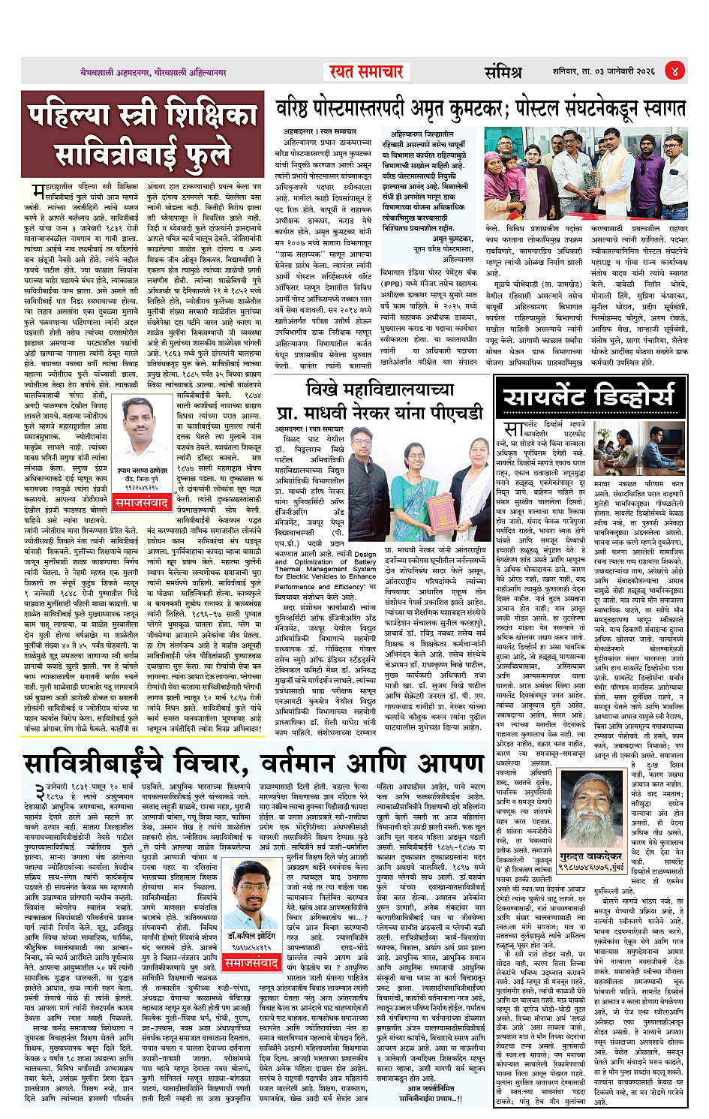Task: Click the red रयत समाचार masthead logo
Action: coord(367,72)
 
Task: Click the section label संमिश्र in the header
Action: coord(503,72)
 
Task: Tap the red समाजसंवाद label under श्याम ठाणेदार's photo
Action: coord(143,502)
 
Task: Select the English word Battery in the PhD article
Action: coord(364,561)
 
